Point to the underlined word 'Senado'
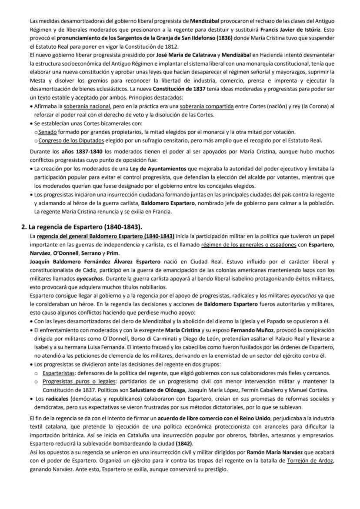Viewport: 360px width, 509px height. [x=47, y=132]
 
